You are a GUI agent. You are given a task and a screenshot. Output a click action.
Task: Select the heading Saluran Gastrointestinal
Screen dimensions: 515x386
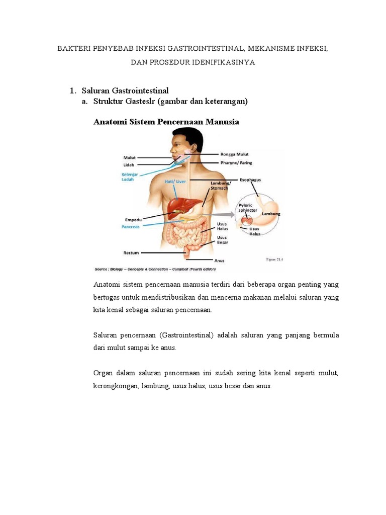coord(125,90)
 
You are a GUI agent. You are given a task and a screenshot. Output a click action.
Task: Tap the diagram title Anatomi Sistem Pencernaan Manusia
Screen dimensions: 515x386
coord(166,122)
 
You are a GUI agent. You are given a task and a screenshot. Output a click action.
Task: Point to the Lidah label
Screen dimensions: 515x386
coord(129,164)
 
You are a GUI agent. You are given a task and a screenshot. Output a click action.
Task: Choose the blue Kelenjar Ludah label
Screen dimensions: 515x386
coord(130,177)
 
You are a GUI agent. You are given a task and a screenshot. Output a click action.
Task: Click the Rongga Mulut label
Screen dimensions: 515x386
coord(234,154)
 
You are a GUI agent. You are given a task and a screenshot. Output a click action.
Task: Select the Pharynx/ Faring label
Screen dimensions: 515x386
coord(236,162)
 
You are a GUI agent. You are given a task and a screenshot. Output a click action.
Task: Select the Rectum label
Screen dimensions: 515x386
coord(131,252)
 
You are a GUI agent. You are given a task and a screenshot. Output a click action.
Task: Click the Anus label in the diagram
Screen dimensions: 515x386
coord(219,261)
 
